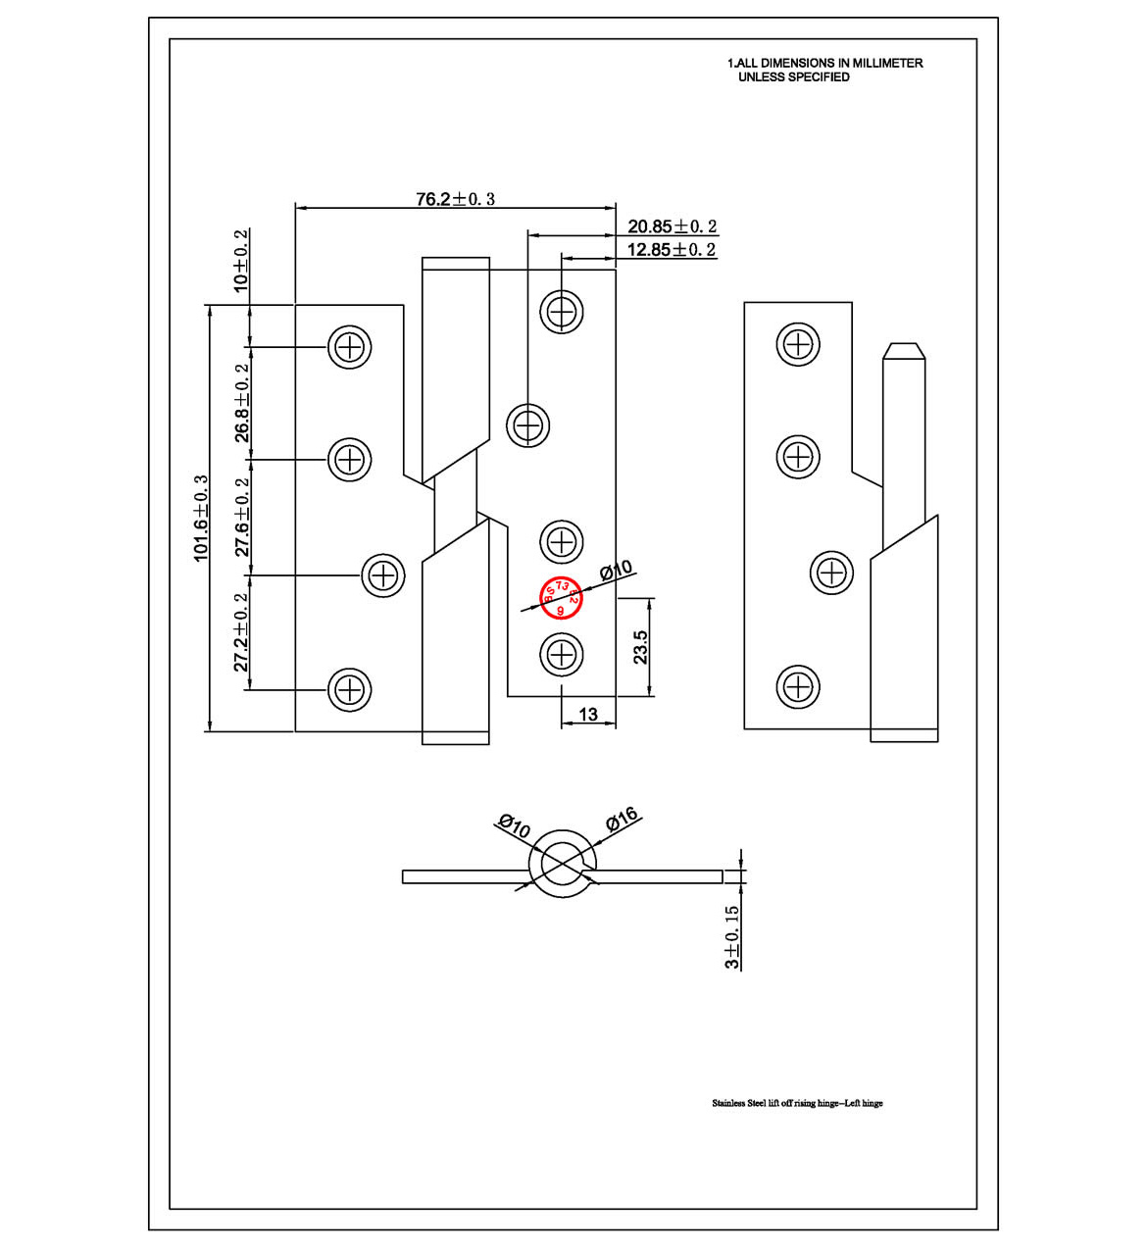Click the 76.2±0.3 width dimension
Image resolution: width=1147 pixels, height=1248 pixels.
coord(455,199)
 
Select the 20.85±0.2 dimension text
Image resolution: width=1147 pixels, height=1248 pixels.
coord(672,226)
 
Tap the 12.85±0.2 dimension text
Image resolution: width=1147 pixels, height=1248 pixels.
coord(672,250)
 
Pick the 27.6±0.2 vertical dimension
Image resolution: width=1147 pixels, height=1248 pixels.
coord(241,517)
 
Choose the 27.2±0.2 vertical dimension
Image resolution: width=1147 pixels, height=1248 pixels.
coord(241,632)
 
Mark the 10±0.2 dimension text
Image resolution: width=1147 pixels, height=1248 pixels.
coord(240,259)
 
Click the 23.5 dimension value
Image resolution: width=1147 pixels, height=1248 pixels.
coord(640,647)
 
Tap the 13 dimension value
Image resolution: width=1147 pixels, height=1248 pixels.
coord(588,715)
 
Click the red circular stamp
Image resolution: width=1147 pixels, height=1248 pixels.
coord(562,597)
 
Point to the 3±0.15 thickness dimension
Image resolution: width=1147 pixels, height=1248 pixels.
coord(732,937)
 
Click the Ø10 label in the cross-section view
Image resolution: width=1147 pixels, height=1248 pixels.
coord(514,825)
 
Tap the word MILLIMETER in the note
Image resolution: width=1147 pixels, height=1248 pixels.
coord(887,63)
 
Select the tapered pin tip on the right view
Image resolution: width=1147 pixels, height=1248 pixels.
coord(903,351)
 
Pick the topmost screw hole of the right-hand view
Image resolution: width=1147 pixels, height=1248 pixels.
coord(798,344)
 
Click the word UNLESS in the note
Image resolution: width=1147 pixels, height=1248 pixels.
coord(761,76)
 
